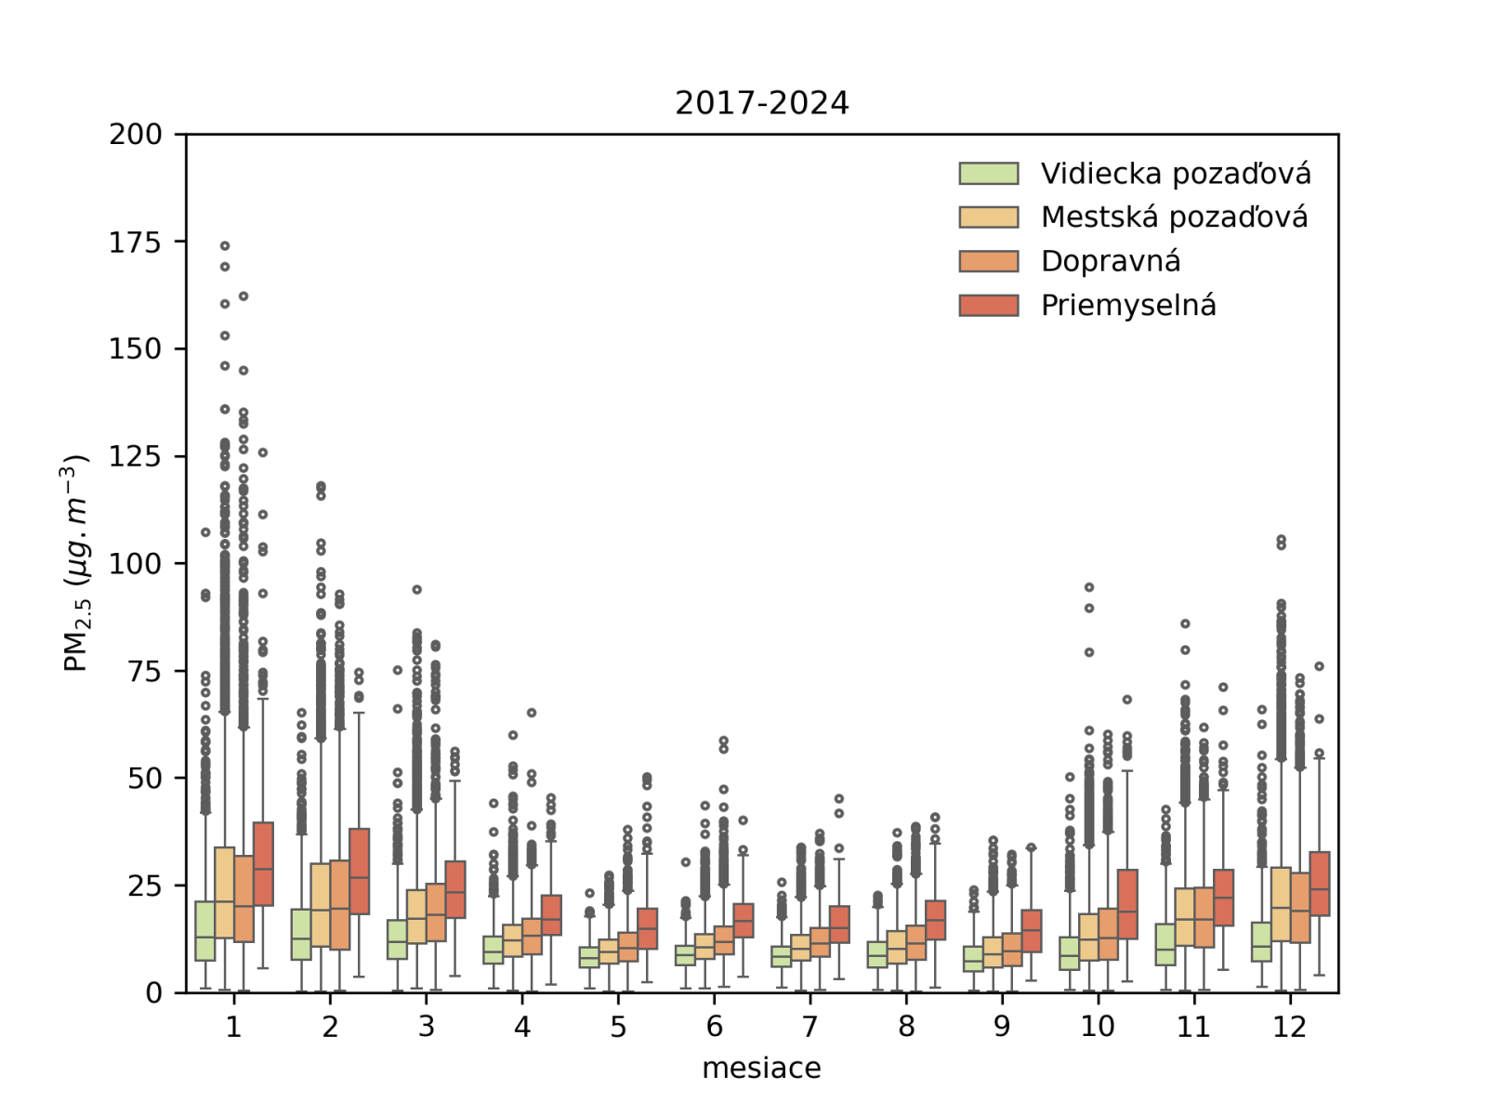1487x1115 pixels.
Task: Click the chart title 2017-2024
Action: click(x=761, y=103)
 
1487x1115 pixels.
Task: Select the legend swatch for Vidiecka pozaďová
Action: click(x=989, y=174)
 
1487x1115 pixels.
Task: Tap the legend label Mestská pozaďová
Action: click(x=1174, y=217)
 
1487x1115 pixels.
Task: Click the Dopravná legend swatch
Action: click(x=989, y=261)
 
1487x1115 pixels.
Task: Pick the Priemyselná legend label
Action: click(x=1128, y=305)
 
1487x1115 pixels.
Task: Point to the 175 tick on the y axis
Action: click(x=135, y=243)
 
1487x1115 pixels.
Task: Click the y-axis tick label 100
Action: click(x=135, y=564)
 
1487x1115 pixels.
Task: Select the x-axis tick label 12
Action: click(x=1290, y=1027)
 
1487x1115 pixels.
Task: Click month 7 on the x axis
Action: click(x=809, y=1027)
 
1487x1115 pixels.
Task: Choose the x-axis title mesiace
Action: click(x=761, y=1069)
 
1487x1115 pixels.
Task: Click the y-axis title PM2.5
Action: click(x=75, y=563)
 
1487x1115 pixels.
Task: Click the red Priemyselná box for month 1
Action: click(x=263, y=864)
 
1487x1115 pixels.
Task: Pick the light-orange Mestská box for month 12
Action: click(x=1281, y=904)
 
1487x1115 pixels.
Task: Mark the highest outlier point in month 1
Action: click(x=225, y=246)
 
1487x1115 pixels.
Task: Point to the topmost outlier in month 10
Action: click(x=1089, y=587)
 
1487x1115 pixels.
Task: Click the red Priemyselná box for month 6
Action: click(x=743, y=920)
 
